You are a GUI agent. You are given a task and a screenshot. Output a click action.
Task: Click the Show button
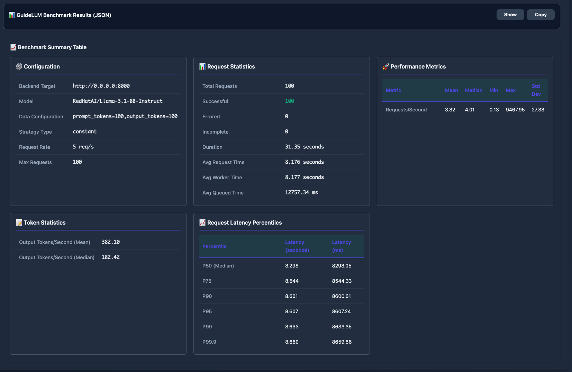[510, 15]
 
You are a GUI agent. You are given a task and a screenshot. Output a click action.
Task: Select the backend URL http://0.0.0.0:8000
[101, 86]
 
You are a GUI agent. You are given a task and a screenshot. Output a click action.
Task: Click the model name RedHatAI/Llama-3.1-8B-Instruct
[117, 101]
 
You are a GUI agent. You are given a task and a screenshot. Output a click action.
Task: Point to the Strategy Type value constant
[84, 131]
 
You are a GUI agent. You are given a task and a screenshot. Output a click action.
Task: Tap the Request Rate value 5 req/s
[83, 147]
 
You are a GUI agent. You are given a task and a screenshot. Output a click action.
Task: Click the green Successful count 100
[289, 101]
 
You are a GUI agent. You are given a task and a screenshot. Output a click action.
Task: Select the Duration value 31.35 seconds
[304, 147]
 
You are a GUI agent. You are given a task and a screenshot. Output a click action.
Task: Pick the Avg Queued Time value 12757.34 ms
[301, 192]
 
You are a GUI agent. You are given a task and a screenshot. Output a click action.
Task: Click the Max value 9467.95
[515, 110]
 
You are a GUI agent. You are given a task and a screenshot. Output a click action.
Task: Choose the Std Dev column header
[536, 90]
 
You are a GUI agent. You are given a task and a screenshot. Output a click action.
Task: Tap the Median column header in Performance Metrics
[473, 90]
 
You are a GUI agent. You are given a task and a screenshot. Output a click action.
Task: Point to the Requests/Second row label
[406, 110]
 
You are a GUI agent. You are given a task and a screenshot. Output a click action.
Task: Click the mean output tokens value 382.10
[110, 242]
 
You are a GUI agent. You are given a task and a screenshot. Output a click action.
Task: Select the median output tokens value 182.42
[110, 257]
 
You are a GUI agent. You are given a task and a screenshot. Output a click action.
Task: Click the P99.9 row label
[209, 342]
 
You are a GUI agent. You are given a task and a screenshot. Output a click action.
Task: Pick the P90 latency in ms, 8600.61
[341, 296]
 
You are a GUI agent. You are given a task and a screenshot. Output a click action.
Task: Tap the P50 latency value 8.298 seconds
[292, 266]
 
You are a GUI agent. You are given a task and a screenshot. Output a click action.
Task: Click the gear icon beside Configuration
[19, 66]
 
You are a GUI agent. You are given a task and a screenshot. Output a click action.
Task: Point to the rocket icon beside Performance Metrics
[385, 66]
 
